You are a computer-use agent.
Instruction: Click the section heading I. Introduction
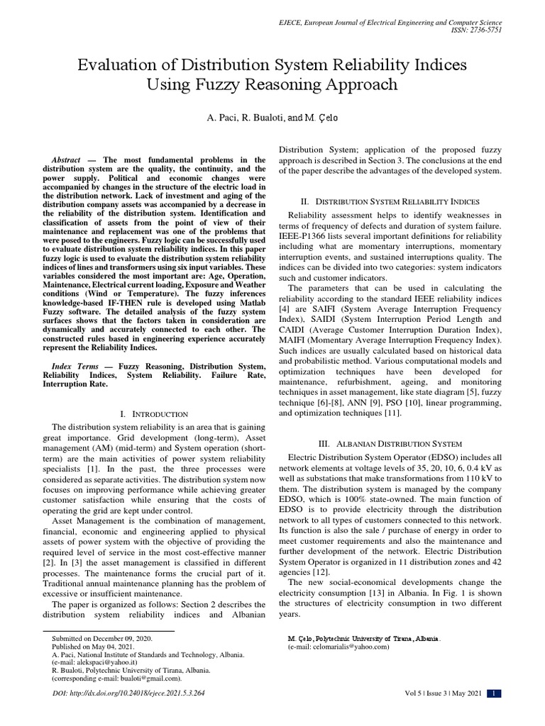pyautogui.click(x=154, y=413)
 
